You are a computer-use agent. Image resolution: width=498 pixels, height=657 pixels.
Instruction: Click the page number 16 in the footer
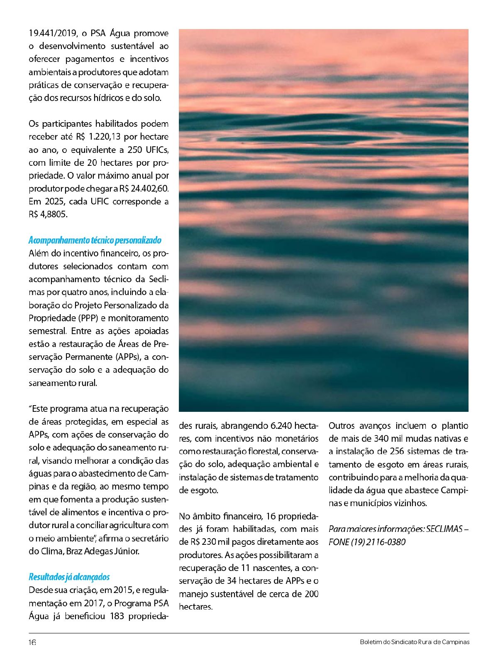tap(32, 642)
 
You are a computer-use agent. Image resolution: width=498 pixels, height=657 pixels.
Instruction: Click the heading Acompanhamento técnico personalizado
tap(95, 240)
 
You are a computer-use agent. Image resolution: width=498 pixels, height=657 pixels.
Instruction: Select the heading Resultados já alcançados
tap(69, 577)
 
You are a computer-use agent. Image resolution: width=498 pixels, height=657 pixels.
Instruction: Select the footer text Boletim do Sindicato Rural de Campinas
tap(415, 642)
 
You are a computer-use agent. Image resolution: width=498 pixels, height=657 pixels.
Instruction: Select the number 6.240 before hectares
tap(281, 426)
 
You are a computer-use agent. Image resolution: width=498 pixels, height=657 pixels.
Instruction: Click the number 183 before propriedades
tap(117, 616)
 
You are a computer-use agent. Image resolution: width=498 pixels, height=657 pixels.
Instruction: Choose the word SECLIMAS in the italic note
tap(444, 529)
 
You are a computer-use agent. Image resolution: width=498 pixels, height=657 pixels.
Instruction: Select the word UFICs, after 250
tap(157, 150)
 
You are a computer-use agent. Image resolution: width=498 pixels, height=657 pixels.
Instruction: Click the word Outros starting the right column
tap(342, 426)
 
